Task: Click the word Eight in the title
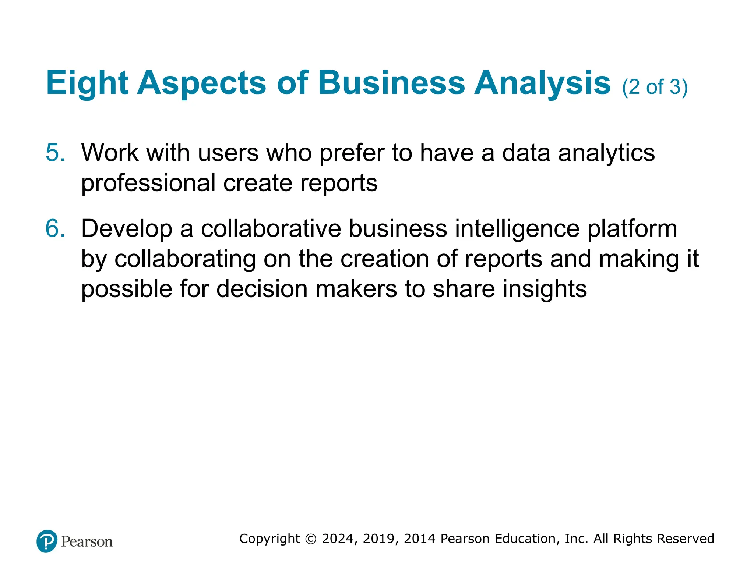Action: click(87, 83)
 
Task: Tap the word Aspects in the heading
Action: click(201, 83)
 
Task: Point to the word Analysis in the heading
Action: click(542, 83)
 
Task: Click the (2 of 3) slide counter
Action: click(655, 88)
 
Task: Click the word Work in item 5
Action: click(110, 153)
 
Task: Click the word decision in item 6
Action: click(262, 289)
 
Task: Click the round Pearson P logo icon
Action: click(47, 541)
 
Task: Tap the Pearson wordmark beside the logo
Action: click(87, 542)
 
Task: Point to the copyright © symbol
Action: click(311, 539)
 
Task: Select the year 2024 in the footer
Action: click(338, 539)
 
